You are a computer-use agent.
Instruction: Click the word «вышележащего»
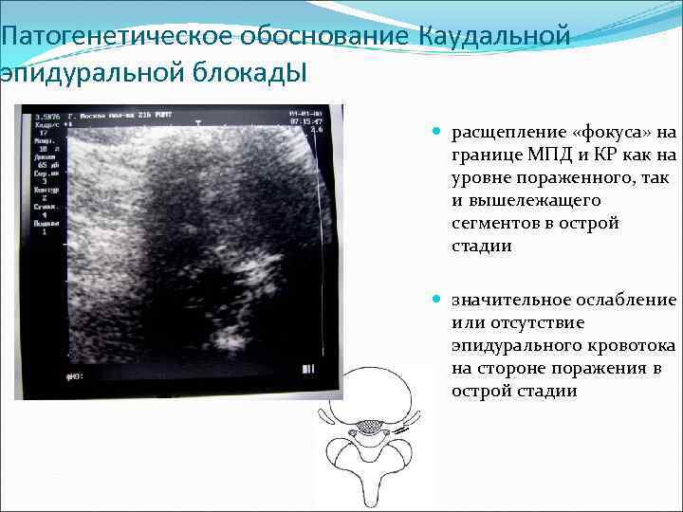pos(524,201)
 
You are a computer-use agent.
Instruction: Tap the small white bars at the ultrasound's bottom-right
pos(308,368)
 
